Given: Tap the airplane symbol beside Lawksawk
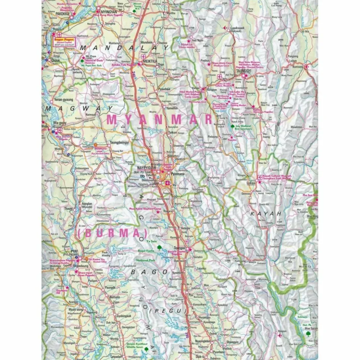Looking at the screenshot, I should click(225, 28).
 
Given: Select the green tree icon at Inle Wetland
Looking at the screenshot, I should click(232, 126).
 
